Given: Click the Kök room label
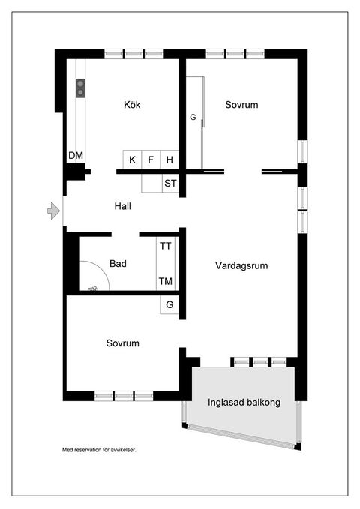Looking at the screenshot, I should tap(132, 105).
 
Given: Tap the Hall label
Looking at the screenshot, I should tap(124, 205).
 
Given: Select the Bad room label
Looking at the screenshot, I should tap(118, 264).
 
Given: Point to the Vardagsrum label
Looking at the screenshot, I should tap(241, 265).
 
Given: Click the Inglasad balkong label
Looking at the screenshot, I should tap(244, 403).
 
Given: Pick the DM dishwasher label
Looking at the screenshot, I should tap(76, 156).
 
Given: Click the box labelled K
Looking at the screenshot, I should tap(133, 160).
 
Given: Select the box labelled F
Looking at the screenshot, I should tap(151, 160).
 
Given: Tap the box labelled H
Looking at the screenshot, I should tap(170, 160).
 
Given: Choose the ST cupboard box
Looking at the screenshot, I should tap(170, 183).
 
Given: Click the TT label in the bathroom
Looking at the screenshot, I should tap(166, 245).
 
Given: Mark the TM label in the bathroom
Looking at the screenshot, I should tap(166, 282).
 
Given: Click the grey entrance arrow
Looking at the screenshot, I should tap(53, 211).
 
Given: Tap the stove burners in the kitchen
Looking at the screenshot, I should tap(79, 88).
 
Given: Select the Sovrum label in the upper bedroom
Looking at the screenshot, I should tap(241, 105).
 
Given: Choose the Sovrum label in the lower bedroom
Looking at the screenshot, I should tap(123, 343).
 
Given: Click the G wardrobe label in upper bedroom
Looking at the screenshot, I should tap(193, 118).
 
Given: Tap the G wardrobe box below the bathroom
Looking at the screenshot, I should tap(169, 305).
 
